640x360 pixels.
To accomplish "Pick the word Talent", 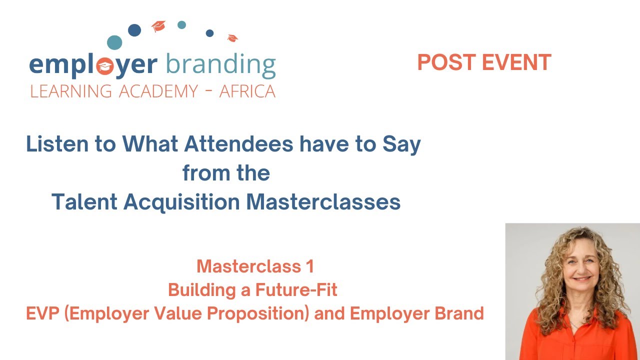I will pos(84,202).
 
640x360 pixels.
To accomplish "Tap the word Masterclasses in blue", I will pos(323,202).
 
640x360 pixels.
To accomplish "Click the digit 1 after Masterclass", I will pos(309,266).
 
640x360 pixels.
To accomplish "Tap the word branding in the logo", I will pos(220,65).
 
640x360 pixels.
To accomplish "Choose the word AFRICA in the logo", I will pos(247,91).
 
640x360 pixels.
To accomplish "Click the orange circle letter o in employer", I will pos(105,66).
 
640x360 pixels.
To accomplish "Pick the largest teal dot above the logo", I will pos(114,42).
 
